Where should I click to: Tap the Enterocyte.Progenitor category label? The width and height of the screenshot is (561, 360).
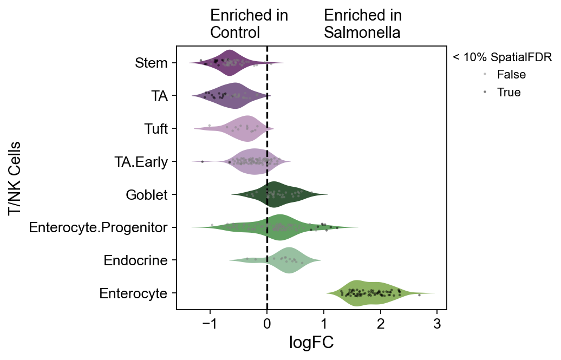(98, 227)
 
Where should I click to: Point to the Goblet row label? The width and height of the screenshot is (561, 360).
(146, 195)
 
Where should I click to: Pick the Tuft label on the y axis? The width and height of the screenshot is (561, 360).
(156, 129)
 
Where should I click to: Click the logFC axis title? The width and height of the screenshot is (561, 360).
(311, 343)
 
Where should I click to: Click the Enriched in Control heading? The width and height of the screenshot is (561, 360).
(249, 24)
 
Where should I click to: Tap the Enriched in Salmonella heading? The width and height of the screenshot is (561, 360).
(363, 24)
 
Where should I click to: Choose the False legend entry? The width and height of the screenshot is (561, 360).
(512, 75)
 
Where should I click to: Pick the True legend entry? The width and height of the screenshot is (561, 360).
(509, 93)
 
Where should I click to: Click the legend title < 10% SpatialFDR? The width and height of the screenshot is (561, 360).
(502, 57)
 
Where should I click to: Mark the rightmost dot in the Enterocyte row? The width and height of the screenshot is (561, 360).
(419, 295)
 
